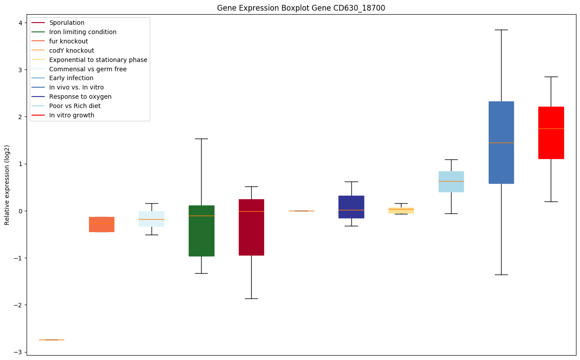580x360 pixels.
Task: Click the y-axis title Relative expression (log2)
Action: [x=7, y=185]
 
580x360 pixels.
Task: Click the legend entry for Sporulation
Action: [x=66, y=23]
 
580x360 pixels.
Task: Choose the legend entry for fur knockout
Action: [x=68, y=41]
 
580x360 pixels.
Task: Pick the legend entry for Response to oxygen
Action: [x=80, y=97]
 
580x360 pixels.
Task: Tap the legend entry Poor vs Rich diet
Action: [x=75, y=106]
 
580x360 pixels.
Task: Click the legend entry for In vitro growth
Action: [x=71, y=115]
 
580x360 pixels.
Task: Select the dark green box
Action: [x=202, y=231]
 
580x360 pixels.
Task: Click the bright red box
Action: [x=551, y=133]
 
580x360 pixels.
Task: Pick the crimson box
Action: [x=251, y=227]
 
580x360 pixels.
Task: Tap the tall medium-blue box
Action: [x=501, y=143]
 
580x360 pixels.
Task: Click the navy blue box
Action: [x=351, y=207]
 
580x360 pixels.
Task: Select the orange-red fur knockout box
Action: [x=101, y=225]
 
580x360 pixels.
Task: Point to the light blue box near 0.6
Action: [x=451, y=182]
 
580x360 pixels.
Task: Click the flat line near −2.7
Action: [x=51, y=340]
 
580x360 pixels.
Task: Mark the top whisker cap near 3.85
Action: [x=501, y=30]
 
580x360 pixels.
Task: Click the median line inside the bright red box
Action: [x=551, y=128]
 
